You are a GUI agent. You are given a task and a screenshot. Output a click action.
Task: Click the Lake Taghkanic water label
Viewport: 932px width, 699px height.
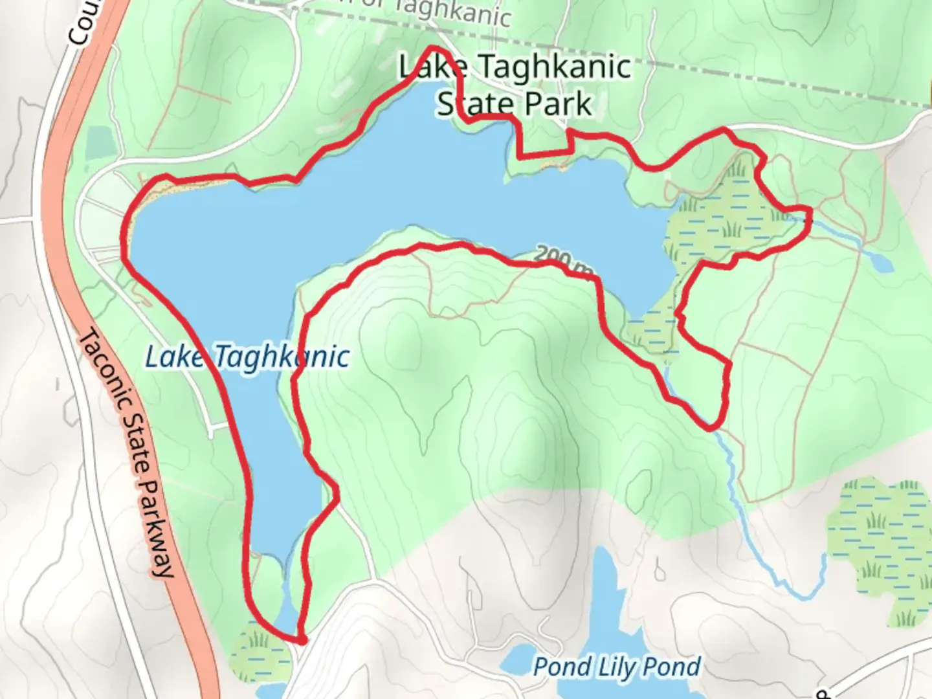click(247, 357)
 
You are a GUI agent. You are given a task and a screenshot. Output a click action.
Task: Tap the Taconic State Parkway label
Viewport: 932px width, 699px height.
click(128, 453)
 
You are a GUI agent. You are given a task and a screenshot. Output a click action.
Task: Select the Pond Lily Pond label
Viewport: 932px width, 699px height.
click(616, 667)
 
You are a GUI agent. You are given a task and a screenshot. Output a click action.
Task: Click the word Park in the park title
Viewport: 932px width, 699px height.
click(558, 104)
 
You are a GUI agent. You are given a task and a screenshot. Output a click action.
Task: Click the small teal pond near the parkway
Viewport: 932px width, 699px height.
click(99, 141)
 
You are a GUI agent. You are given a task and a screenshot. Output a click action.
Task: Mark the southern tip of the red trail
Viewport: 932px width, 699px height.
click(300, 640)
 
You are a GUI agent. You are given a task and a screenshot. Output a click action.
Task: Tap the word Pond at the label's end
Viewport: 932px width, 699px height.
click(676, 667)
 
